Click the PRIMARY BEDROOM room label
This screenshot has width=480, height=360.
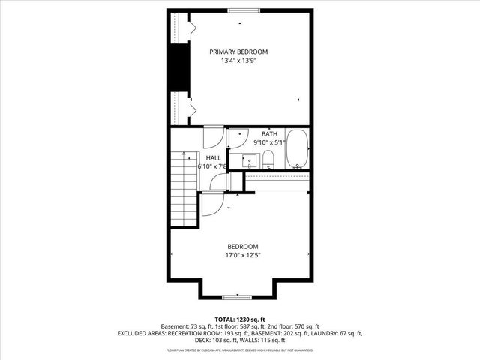point(238,52)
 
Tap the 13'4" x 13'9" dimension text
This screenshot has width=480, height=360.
point(238,61)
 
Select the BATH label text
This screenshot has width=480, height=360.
point(269,134)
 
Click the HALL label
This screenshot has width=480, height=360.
point(214,157)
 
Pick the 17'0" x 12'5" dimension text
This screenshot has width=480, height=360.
point(243,255)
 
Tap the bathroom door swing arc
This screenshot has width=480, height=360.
point(237,138)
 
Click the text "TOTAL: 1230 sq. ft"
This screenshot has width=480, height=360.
point(240,319)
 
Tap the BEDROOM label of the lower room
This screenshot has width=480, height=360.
point(243,246)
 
